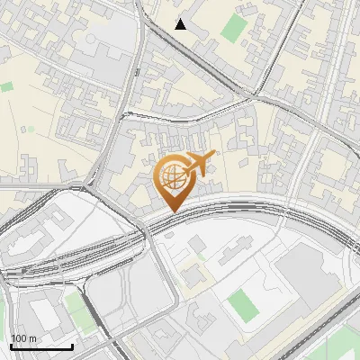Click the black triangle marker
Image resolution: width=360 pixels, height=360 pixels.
(x=181, y=24)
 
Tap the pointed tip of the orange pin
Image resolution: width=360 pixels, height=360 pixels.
(x=173, y=210)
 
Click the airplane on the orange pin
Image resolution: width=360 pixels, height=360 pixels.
(x=196, y=165)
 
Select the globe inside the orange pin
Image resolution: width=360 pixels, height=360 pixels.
(x=171, y=175)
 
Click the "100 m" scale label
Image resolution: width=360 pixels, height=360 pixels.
(x=24, y=338)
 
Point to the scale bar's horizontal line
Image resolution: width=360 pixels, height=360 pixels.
(x=41, y=346)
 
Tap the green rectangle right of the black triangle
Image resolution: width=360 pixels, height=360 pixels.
(x=233, y=28)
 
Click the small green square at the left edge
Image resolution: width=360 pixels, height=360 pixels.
(x=7, y=87)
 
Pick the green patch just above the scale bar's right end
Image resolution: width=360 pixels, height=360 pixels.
(x=76, y=310)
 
